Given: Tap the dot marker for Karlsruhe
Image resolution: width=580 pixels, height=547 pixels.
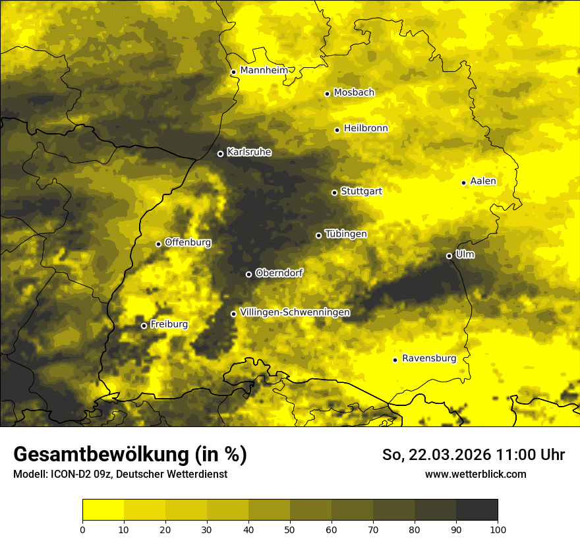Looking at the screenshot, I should coord(220,154).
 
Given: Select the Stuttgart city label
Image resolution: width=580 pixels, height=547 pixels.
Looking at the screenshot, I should coord(361,191).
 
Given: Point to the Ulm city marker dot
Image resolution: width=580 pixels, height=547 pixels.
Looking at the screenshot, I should coord(449,256).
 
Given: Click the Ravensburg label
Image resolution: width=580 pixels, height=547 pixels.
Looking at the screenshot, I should coord(429,359).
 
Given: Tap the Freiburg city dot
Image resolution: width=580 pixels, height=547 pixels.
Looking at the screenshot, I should coord(144,326).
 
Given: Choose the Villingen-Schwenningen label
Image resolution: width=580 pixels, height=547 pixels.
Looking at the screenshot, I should coord(295,312).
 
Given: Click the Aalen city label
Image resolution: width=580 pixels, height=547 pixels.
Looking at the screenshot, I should coord(483,181).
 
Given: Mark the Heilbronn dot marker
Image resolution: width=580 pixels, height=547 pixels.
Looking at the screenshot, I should coord(337,130).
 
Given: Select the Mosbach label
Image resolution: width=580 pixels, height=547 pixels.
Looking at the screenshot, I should coord(354,93).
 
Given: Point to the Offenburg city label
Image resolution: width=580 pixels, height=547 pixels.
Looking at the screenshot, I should coord(188,243).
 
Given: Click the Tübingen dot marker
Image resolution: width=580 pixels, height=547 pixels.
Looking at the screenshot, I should coord(318,235).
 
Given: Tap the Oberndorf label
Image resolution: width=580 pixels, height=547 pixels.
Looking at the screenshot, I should coord(279,273).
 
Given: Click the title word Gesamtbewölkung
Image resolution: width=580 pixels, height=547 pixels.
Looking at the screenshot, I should coord(101,454).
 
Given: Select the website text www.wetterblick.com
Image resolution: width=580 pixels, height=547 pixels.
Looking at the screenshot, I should coord(475,474).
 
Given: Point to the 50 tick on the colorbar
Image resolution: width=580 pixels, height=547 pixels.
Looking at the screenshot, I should coord(290,529).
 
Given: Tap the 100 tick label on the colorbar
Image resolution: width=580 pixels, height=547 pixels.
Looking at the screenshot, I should coord(498,529).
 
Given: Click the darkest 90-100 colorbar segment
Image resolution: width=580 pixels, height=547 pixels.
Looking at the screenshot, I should coord(477,510).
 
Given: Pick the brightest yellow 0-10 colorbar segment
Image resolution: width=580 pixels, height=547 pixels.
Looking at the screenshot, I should coord(103,510).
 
